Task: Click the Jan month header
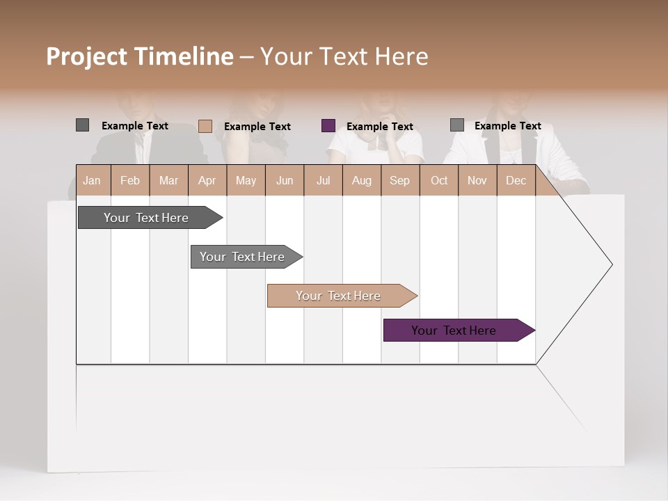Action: click(x=92, y=180)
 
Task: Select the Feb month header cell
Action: click(x=130, y=180)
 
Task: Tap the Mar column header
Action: click(x=168, y=180)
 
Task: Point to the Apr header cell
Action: click(x=207, y=180)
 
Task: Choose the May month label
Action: click(x=246, y=180)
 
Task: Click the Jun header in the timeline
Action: click(x=285, y=180)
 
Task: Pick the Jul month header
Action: click(x=323, y=180)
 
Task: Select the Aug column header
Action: click(x=361, y=180)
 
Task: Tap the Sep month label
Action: click(x=399, y=180)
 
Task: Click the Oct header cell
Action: click(x=439, y=180)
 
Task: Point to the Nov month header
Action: click(x=477, y=180)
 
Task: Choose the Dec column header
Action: click(x=516, y=180)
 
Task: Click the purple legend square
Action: click(x=328, y=126)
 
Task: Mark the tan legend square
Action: click(x=205, y=126)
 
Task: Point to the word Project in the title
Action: click(x=87, y=56)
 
